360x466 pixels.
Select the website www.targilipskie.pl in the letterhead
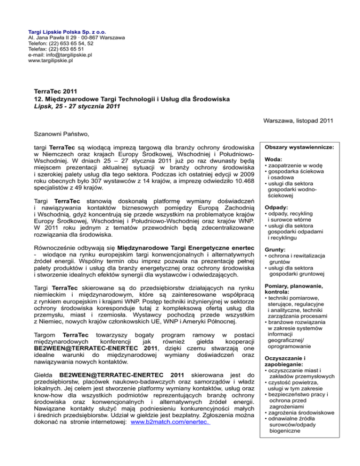(51, 61)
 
